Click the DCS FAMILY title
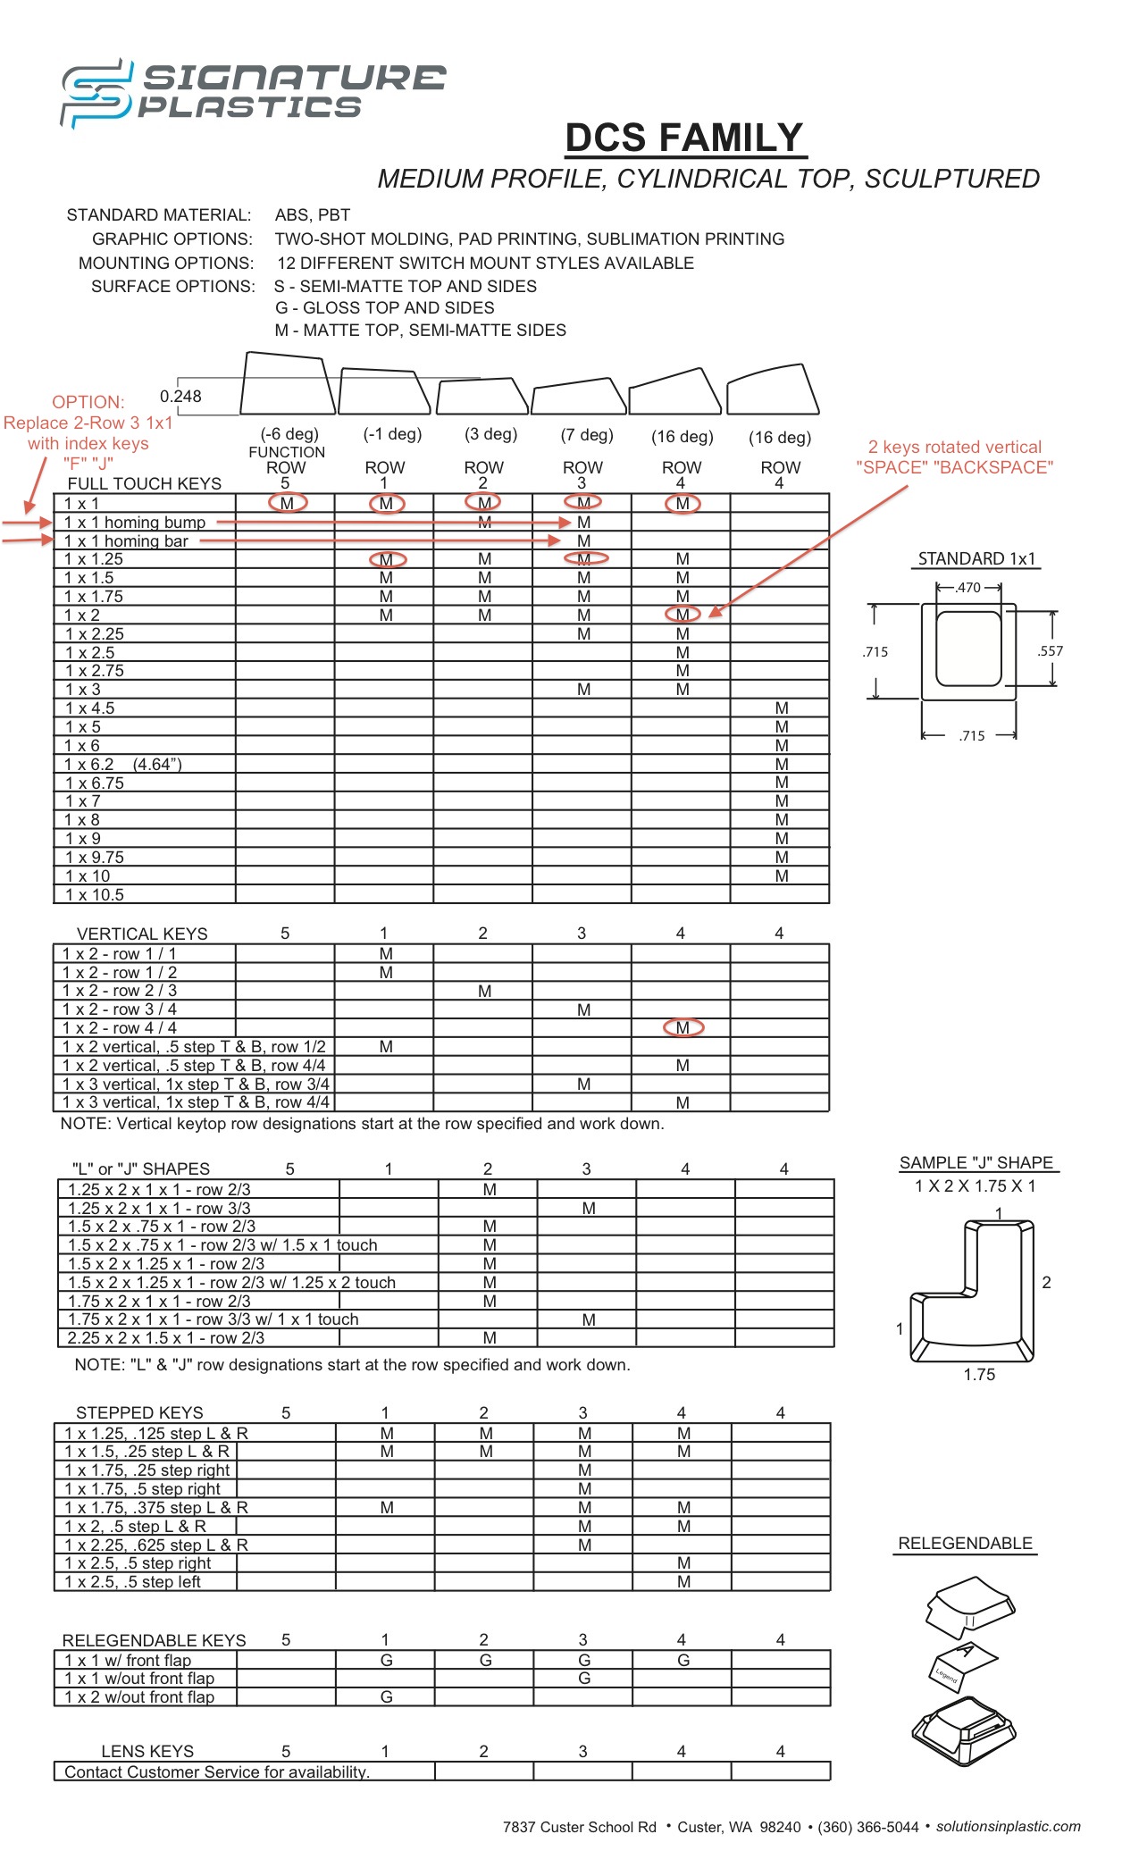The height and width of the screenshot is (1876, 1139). (x=685, y=138)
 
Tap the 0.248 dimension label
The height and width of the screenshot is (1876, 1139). (x=180, y=396)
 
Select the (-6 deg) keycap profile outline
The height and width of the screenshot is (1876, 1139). (x=287, y=384)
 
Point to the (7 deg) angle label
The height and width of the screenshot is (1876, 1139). (x=587, y=435)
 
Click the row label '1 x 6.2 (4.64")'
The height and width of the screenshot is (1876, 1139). (x=123, y=765)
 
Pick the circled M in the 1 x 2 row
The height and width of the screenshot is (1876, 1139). (x=683, y=615)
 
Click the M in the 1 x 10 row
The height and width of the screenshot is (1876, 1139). (x=782, y=876)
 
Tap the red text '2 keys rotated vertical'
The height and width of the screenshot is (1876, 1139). (x=954, y=447)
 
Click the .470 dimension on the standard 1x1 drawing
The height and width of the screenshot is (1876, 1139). (x=968, y=588)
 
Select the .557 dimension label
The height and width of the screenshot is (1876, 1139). (x=1051, y=651)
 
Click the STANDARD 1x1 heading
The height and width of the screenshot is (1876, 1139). (x=976, y=559)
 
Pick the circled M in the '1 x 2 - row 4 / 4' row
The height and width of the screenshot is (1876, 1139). (x=683, y=1028)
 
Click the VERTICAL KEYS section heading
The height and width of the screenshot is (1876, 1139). (x=142, y=934)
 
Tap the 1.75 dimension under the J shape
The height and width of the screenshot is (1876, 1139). (x=979, y=1375)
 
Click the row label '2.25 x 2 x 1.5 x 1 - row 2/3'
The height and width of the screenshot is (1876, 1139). (x=166, y=1338)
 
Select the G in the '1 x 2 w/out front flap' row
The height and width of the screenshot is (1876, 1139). (x=387, y=1696)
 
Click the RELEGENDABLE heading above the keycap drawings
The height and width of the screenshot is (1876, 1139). (x=965, y=1544)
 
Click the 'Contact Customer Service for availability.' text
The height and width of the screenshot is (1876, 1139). (x=217, y=1771)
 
